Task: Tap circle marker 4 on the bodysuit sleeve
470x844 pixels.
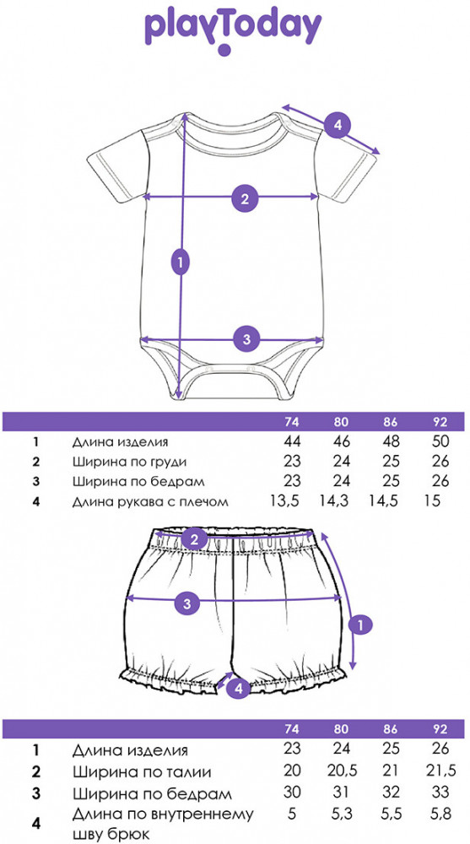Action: [x=337, y=126]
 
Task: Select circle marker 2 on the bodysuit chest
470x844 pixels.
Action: [x=245, y=198]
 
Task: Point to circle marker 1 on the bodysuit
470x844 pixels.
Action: [x=181, y=262]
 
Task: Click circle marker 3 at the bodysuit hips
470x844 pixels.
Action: [x=246, y=339]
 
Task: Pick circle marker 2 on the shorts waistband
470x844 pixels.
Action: [x=194, y=538]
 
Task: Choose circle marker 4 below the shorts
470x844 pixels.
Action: [x=238, y=687]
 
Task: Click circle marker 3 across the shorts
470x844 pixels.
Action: [x=187, y=603]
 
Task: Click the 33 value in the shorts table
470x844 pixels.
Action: [x=440, y=793]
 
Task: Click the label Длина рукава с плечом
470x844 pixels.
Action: [x=151, y=502]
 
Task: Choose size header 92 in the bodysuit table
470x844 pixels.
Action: [x=440, y=421]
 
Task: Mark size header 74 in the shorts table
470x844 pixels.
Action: [x=292, y=729]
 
